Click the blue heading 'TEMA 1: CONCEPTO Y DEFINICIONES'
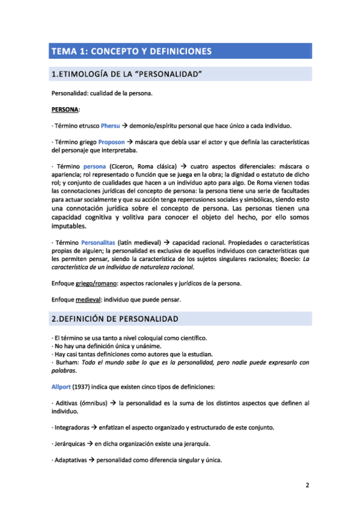[x=132, y=51]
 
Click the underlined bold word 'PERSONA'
[x=66, y=110]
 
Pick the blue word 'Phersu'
[x=110, y=126]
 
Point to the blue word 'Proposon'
[x=111, y=142]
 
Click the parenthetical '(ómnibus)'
[x=95, y=401]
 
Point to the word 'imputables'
[x=69, y=227]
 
